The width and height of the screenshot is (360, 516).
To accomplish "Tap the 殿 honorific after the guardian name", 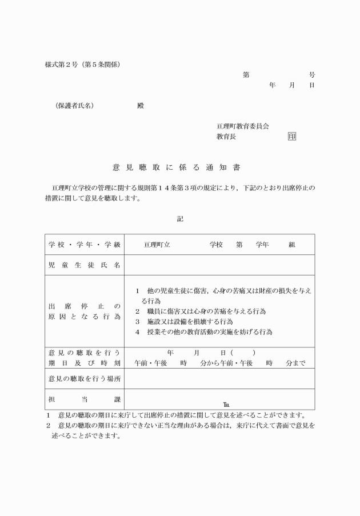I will pos(141,106).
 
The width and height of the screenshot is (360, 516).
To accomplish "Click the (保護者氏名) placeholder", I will pos(74,106).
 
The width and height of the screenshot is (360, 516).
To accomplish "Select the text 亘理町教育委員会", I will pos(242,126).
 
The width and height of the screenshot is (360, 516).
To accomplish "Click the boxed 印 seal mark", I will pos(292,137).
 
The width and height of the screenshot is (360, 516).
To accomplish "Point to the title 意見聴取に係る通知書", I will pos(176,168).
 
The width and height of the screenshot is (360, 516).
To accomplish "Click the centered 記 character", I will pos(180,218).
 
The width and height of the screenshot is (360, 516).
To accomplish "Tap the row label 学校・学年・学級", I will pos(85,245).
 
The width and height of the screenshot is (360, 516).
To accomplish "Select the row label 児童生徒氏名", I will pos(85,265).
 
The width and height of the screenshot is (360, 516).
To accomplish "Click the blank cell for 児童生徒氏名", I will pos(219,265).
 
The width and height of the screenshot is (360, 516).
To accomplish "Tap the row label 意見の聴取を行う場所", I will pos(85,379).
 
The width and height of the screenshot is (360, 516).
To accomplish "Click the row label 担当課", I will pos(85,399).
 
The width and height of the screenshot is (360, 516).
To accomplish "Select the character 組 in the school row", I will pos(291,245).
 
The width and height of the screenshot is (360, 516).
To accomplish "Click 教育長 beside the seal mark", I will pos(226,137).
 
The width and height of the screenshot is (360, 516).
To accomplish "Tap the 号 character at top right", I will pos(311,75).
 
